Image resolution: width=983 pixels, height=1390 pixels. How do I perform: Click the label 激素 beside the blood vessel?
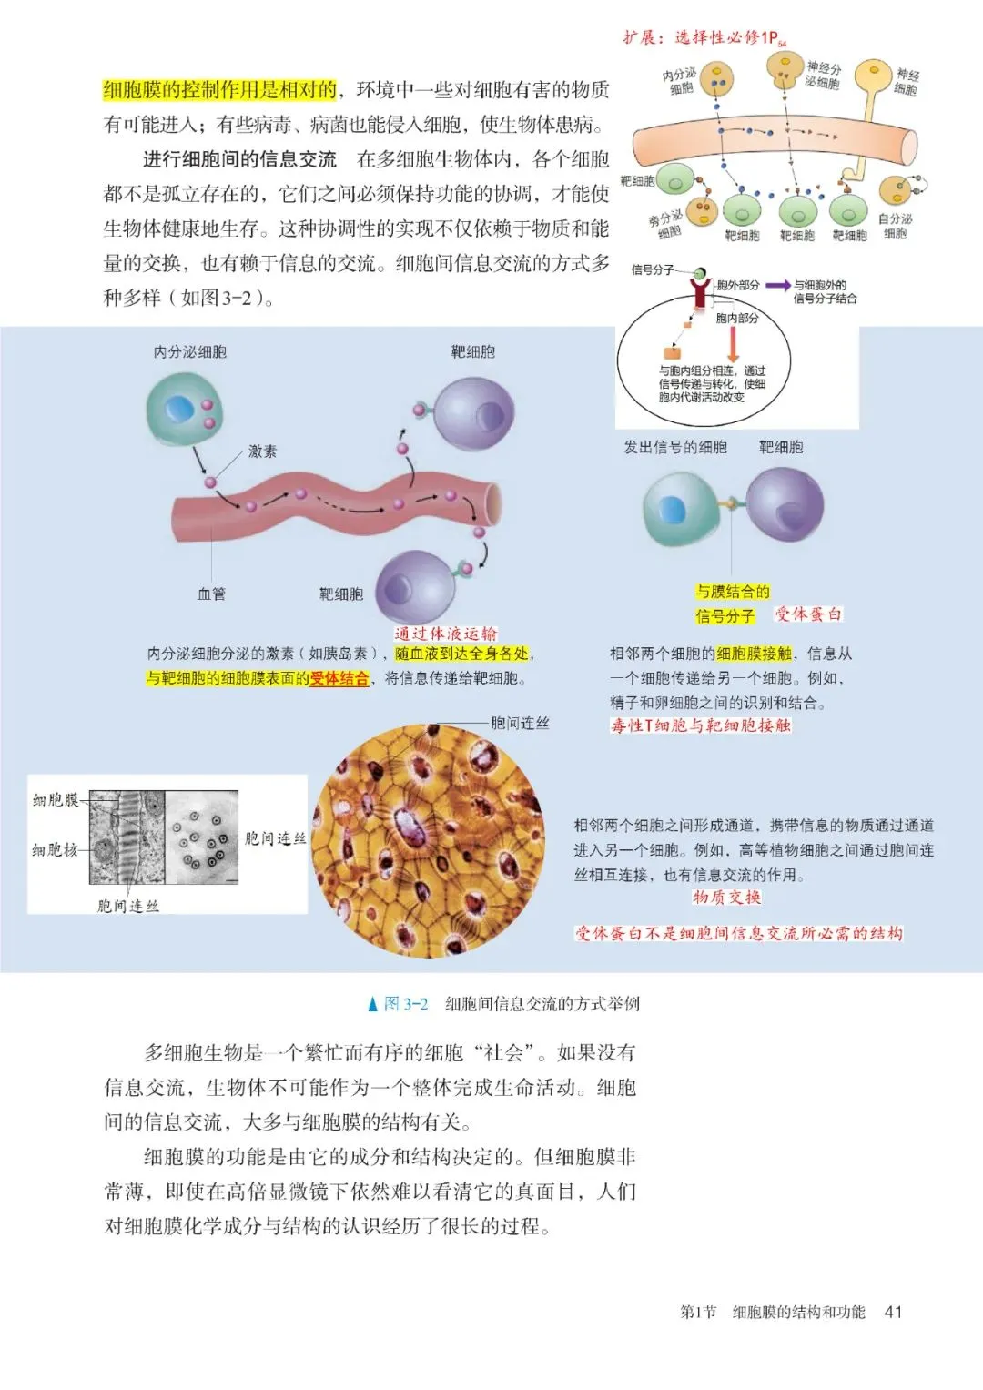(x=262, y=451)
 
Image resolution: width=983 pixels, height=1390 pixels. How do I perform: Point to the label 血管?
(x=211, y=594)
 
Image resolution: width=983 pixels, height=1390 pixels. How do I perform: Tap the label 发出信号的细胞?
(x=674, y=447)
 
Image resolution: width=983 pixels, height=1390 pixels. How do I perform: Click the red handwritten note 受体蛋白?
(x=808, y=614)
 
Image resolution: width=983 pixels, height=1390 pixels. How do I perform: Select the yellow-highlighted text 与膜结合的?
(x=733, y=592)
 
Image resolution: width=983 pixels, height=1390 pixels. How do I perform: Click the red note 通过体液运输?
(x=446, y=634)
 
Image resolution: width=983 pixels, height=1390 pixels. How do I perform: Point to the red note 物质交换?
(x=726, y=898)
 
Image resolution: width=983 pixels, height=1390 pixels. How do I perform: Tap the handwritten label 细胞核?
(x=55, y=850)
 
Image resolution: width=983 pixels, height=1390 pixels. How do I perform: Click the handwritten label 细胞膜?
(x=56, y=800)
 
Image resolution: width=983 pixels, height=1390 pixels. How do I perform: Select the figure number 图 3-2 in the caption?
(x=406, y=1004)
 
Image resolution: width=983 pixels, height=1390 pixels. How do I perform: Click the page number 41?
(x=893, y=1312)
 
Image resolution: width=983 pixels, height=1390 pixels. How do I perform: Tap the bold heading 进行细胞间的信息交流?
(x=239, y=160)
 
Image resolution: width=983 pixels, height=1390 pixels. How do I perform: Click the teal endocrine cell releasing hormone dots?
(x=185, y=409)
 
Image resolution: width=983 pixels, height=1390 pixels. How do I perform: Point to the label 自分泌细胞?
(x=895, y=227)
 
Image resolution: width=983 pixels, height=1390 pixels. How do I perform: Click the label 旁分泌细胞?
(x=667, y=225)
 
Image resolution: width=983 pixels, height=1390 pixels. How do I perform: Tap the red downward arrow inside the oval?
(x=733, y=345)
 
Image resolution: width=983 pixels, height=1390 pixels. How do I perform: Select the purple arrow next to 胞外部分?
(x=777, y=286)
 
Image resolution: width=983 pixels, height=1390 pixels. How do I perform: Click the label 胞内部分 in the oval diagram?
(x=736, y=318)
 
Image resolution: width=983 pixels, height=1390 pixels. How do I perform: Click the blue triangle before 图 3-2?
(x=371, y=1005)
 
